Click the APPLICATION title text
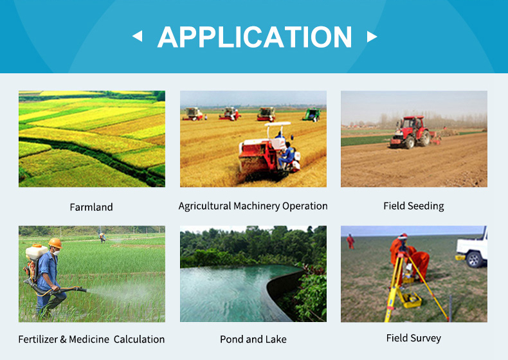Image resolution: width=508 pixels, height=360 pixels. coord(255,37)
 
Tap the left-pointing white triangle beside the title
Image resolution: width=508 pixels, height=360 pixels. coord(138,36)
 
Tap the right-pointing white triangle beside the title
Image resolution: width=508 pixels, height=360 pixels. coord(372,37)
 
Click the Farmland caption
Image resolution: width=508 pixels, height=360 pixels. coord(91,207)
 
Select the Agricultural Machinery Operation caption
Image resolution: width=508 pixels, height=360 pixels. coord(253,206)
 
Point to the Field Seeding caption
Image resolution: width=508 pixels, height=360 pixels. coord(413,206)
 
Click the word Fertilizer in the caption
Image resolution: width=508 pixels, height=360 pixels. coord(38,339)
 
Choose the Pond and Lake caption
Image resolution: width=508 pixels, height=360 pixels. coord(253,339)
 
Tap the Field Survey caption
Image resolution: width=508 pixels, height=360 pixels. coord(413,338)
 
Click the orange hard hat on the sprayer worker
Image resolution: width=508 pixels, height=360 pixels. coord(55,243)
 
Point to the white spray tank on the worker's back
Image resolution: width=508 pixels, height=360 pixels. coord(36,252)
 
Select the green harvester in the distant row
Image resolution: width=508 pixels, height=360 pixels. coord(312,114)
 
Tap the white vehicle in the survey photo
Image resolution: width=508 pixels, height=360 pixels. coord(472,248)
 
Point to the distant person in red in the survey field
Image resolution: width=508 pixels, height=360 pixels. coord(350,242)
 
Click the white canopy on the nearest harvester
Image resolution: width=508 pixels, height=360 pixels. coord(278,125)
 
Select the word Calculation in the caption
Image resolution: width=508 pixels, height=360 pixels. coord(140,339)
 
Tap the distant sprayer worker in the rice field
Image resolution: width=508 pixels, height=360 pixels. coord(102,238)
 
